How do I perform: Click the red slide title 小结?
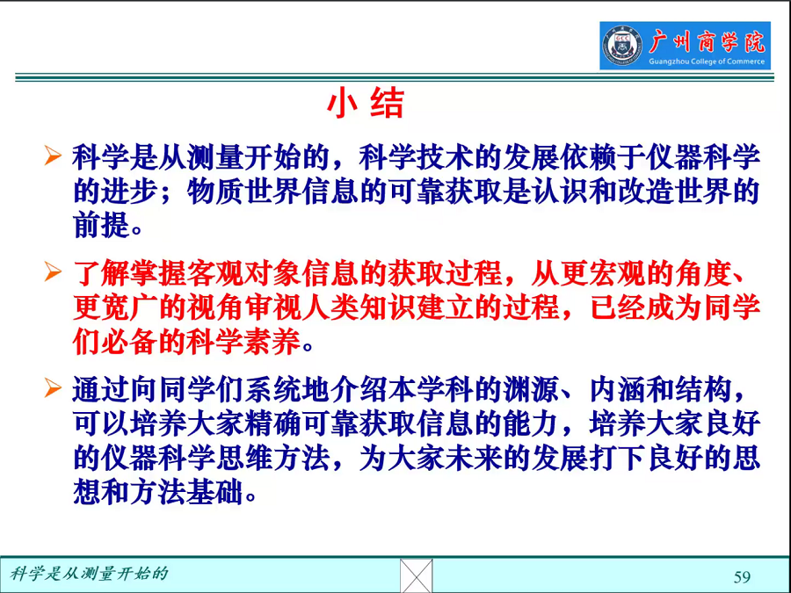366,104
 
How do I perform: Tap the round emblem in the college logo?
622,46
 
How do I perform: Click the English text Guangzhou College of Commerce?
707,61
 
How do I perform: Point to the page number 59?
742,577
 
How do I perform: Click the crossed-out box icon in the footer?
417,575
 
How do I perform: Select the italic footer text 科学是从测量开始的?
89,574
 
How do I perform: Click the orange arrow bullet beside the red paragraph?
53,271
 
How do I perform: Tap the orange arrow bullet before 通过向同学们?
53,387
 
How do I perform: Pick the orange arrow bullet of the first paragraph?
53,155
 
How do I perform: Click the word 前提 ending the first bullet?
101,224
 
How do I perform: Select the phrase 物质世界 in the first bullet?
244,192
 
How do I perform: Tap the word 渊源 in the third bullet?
533,389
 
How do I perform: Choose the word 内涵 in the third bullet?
619,389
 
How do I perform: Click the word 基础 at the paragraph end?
215,492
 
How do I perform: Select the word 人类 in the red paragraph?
330,307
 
